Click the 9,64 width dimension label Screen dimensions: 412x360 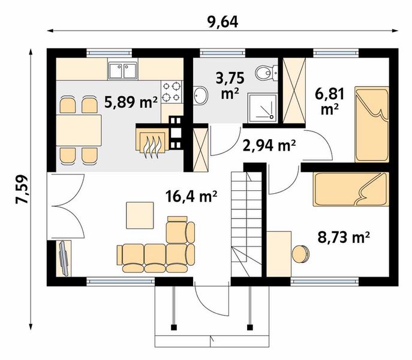point(222,22)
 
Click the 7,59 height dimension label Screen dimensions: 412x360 point(22,189)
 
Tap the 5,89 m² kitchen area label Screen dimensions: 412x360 point(131,102)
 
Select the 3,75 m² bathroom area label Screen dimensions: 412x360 point(230,85)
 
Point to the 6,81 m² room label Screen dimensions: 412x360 point(329,101)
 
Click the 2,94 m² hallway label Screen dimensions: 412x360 point(270,146)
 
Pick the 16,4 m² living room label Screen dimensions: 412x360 point(191,196)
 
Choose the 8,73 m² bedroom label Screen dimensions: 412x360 point(344,238)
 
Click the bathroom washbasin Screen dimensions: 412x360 point(200,95)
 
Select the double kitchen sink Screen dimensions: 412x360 point(122,70)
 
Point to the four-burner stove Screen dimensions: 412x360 point(172,92)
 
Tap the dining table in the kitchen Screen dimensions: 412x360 point(79,130)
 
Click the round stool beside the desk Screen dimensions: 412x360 point(300,254)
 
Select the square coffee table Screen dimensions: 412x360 point(140,215)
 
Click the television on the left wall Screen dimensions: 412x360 point(64,259)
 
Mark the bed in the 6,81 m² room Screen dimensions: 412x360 point(372,124)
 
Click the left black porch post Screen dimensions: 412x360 point(174,328)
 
